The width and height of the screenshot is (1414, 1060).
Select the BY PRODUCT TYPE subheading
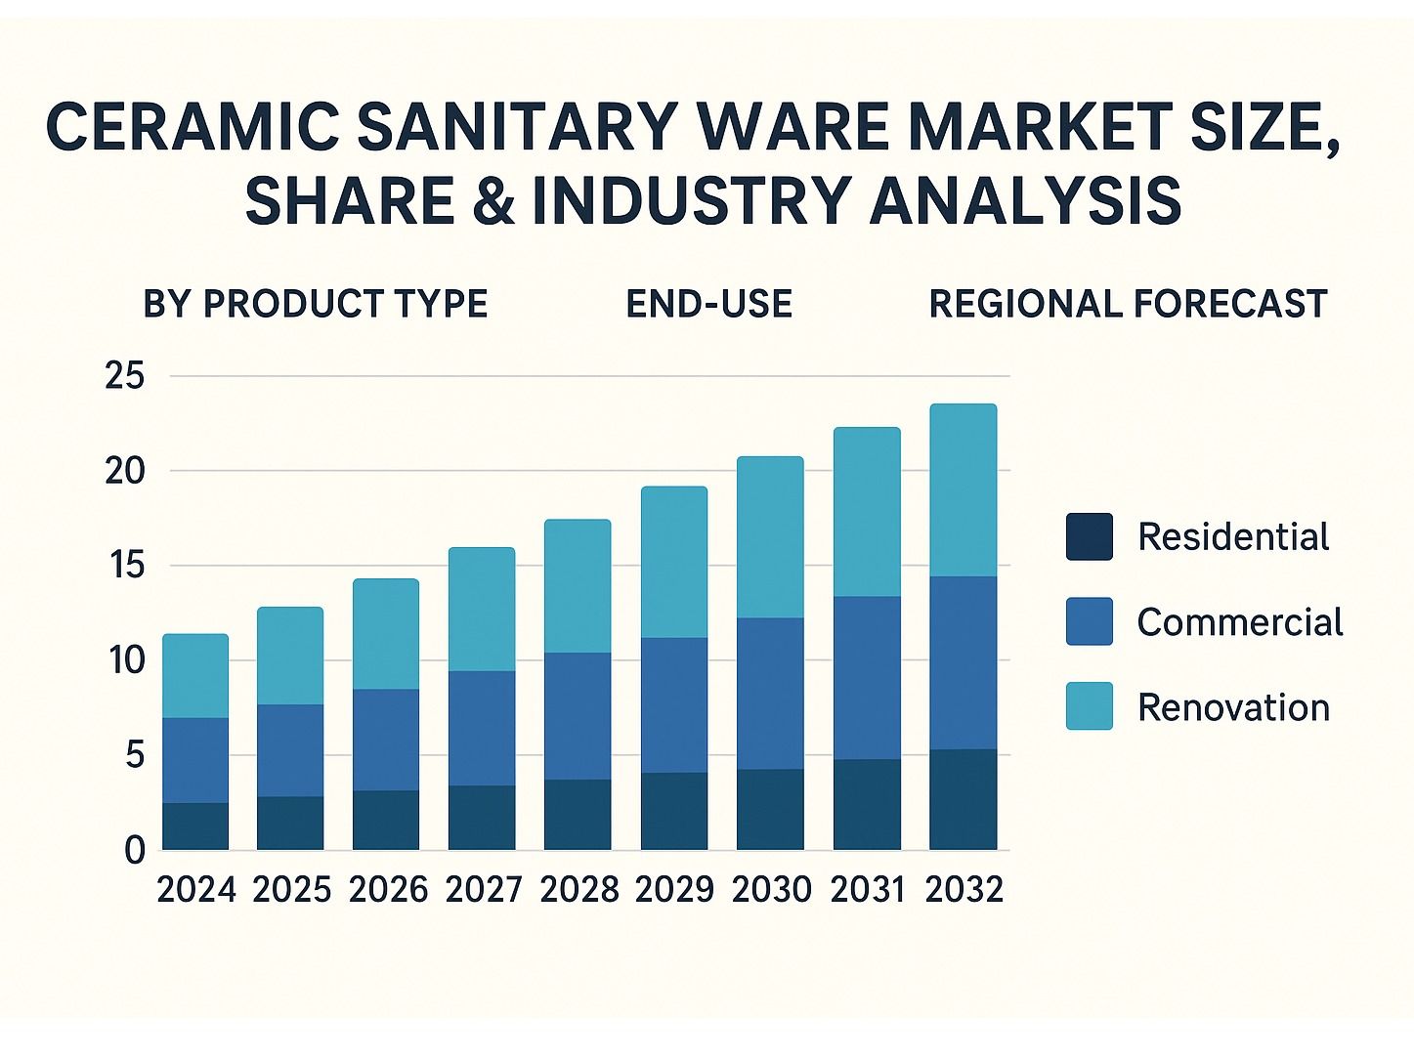pyautogui.click(x=315, y=304)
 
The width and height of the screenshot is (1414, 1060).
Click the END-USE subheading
pyautogui.click(x=708, y=304)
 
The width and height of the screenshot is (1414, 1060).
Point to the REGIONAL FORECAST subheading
pyautogui.click(x=1128, y=304)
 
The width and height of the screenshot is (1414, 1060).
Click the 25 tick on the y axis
pyautogui.click(x=124, y=376)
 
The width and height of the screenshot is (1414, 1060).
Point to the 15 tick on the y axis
pyautogui.click(x=124, y=566)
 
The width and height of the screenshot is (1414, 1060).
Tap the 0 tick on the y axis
pyautogui.click(x=134, y=850)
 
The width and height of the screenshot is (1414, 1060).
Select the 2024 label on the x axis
pyautogui.click(x=196, y=890)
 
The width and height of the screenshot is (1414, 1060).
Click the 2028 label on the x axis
pyautogui.click(x=578, y=890)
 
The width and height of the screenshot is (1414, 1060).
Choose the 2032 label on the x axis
pyautogui.click(x=964, y=890)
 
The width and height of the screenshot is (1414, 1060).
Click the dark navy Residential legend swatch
pyautogui.click(x=1089, y=536)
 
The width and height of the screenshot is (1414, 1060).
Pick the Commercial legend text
pyautogui.click(x=1239, y=622)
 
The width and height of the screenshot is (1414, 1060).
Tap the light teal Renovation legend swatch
pyautogui.click(x=1089, y=706)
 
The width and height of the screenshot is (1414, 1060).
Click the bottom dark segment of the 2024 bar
pyautogui.click(x=195, y=827)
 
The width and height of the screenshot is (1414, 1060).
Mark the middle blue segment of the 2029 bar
pyautogui.click(x=674, y=705)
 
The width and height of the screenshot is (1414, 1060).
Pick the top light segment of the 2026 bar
pyautogui.click(x=386, y=634)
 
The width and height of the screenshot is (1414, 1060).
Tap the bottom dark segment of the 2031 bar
pyautogui.click(x=867, y=804)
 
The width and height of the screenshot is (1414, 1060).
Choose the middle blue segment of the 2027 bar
pyautogui.click(x=482, y=728)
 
